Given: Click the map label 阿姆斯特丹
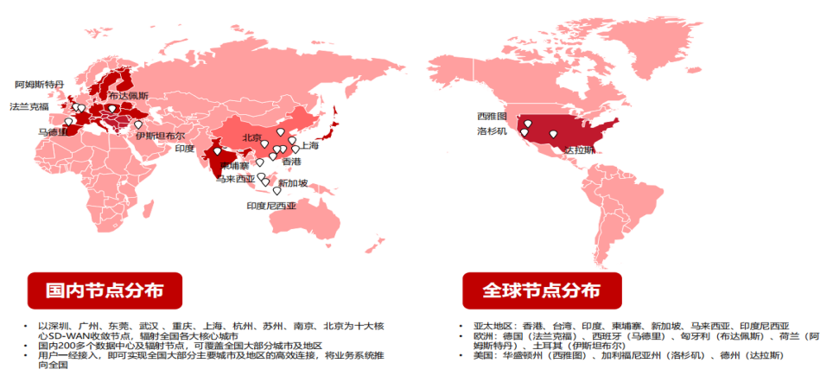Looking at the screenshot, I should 40,85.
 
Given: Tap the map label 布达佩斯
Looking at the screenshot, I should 128,95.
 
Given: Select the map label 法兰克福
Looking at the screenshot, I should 29,106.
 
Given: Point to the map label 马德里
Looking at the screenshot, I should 54,132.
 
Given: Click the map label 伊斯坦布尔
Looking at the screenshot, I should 160,136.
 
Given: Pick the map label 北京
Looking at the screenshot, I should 252,137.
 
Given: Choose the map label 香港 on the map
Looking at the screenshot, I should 291,162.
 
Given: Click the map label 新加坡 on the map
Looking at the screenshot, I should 292,183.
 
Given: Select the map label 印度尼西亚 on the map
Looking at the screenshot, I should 271,206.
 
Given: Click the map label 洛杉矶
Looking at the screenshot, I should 492,131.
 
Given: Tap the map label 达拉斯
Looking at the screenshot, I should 579,150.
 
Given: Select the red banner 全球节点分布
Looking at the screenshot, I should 530,290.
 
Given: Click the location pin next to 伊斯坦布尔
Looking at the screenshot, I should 138,125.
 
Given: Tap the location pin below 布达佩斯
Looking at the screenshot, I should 111,110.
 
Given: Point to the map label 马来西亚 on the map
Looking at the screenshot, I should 235,180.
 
